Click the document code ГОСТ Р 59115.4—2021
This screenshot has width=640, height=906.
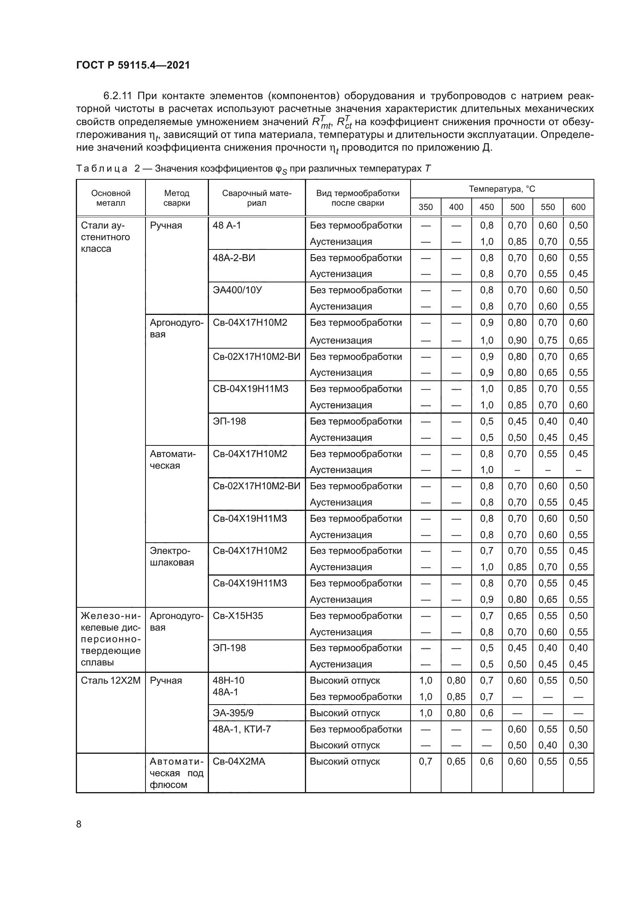(133, 65)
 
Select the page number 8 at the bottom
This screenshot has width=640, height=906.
(79, 824)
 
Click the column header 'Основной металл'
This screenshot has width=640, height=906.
(111, 198)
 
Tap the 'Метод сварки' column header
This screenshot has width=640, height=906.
(176, 198)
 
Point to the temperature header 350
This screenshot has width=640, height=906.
(426, 207)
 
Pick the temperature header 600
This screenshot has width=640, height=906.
(578, 207)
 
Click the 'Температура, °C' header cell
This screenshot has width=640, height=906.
(502, 189)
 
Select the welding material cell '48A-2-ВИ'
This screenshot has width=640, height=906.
(234, 258)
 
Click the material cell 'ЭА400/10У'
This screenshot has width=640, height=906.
(237, 290)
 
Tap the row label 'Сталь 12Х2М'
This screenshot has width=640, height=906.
(111, 680)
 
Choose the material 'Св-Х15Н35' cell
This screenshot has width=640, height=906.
(238, 615)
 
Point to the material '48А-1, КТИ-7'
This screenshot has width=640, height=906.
(241, 729)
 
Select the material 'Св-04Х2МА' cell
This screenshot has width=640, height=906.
(239, 761)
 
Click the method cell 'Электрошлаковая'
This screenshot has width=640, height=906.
(172, 556)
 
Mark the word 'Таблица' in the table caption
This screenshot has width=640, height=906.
(102, 169)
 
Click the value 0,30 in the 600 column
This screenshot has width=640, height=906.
(578, 745)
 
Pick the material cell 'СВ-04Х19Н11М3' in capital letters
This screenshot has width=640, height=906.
(251, 389)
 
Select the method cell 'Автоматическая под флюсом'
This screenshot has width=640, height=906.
(176, 773)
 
